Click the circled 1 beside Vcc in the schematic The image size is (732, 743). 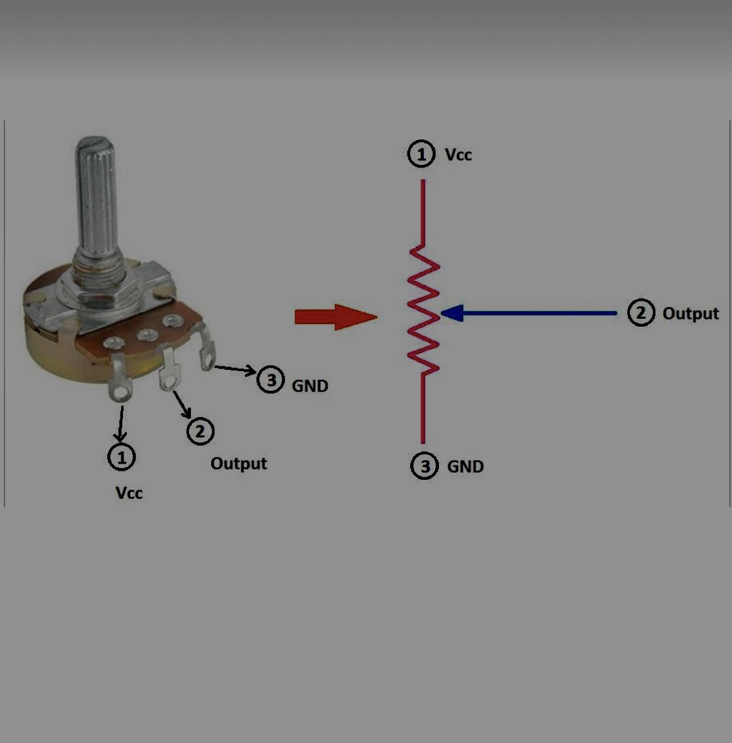click(x=421, y=154)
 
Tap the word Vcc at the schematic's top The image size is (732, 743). click(x=459, y=155)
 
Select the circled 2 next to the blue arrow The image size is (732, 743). click(x=641, y=313)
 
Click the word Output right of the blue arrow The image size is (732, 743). click(x=690, y=314)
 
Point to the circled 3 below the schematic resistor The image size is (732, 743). click(x=425, y=466)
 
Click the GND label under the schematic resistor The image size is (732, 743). click(x=465, y=467)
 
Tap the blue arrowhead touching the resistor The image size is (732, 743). click(x=452, y=313)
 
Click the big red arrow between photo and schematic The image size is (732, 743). click(x=336, y=317)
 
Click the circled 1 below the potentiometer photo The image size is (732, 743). click(x=122, y=457)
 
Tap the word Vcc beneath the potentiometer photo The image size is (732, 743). click(x=129, y=493)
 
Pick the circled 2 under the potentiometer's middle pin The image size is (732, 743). click(x=200, y=431)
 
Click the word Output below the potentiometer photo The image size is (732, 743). click(x=239, y=463)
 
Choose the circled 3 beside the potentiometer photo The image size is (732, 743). click(x=271, y=380)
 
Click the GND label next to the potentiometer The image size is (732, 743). click(x=310, y=386)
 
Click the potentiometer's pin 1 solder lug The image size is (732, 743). click(x=119, y=379)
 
